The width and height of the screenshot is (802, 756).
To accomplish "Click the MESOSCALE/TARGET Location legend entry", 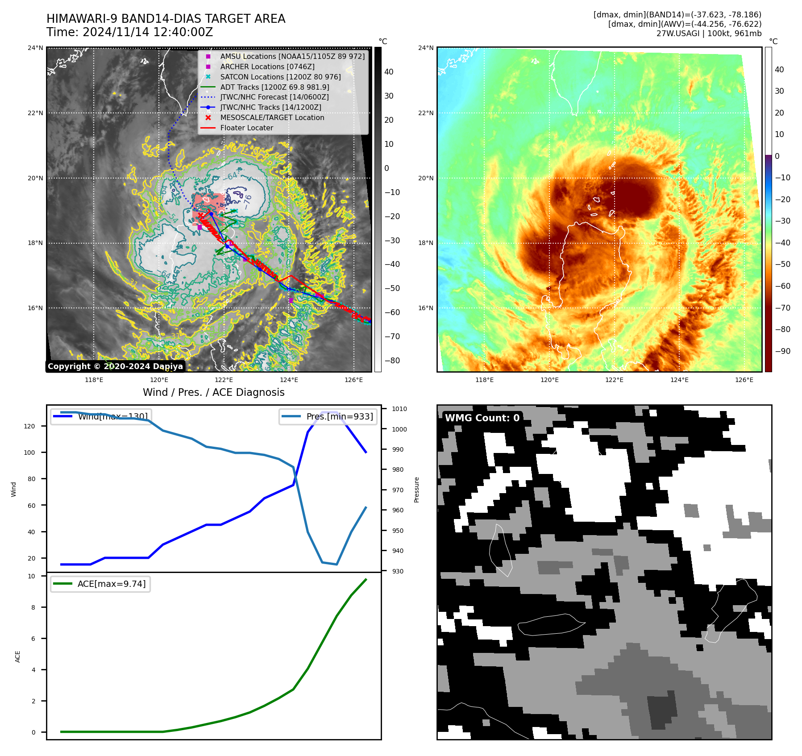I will click(272, 117).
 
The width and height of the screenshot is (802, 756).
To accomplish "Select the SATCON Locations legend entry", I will click(280, 77).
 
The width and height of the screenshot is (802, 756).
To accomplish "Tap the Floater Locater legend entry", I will click(246, 128).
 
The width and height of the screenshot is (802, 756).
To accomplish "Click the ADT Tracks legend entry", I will click(274, 87).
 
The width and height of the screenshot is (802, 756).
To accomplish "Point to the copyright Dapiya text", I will click(115, 366).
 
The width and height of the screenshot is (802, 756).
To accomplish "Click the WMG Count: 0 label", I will click(482, 418).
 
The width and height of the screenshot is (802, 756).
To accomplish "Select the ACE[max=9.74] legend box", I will click(100, 584).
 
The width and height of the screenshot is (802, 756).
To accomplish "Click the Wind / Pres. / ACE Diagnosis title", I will click(213, 392).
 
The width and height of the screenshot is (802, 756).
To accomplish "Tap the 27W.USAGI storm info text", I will click(709, 33).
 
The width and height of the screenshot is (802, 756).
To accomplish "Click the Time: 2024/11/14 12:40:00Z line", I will click(130, 32).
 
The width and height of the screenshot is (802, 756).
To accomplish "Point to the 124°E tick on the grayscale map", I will click(289, 380).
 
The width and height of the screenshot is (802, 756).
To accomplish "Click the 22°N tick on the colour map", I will click(426, 113).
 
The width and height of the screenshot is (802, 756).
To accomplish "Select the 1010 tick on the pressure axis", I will click(399, 409).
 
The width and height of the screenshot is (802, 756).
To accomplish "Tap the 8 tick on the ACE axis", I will click(33, 607).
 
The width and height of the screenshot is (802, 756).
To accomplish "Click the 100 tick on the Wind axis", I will click(29, 453).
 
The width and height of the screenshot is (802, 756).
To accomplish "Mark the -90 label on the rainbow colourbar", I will click(782, 351).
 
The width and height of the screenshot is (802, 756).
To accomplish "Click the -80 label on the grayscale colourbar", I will click(392, 361).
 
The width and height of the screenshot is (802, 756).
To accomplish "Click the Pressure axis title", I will click(416, 490).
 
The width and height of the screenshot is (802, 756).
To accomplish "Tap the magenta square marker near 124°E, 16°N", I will click(291, 300).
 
